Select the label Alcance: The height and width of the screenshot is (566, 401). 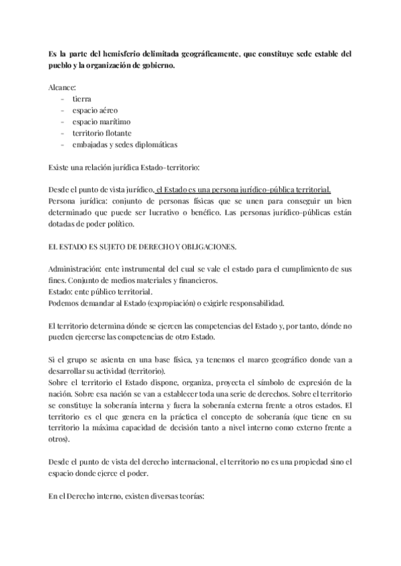pyautogui.click(x=63, y=87)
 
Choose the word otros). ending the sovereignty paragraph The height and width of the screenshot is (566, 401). pyautogui.click(x=61, y=440)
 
